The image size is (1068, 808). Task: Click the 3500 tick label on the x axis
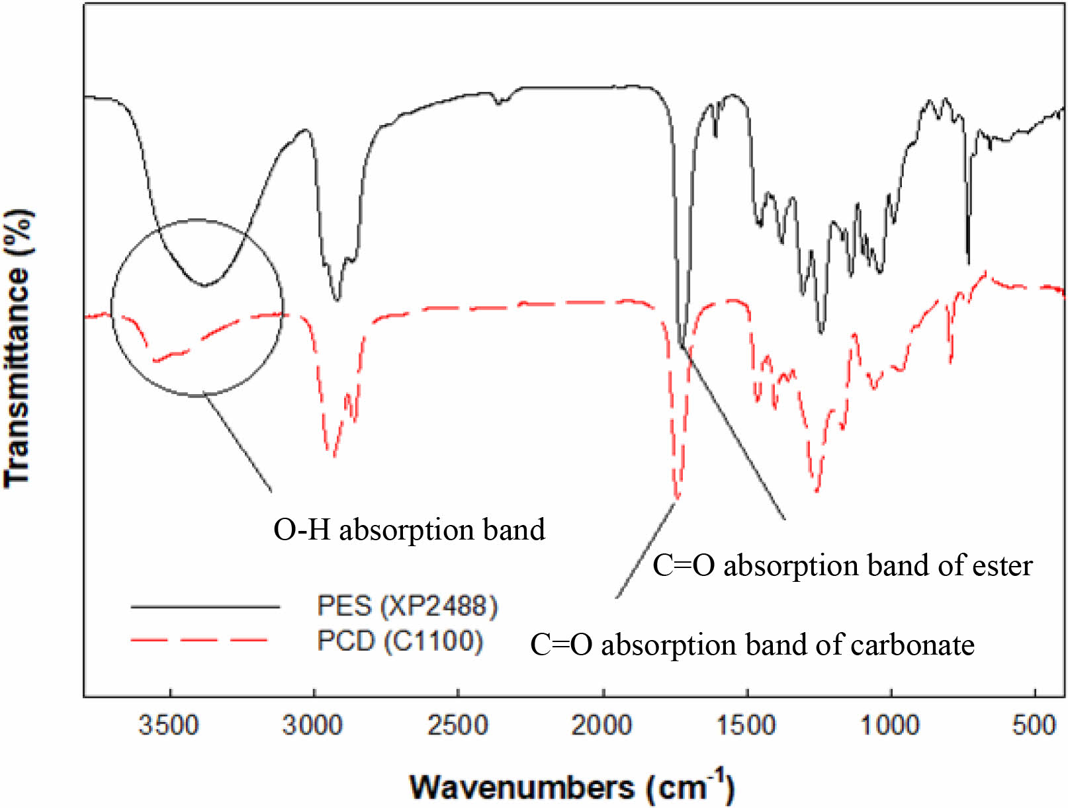169,725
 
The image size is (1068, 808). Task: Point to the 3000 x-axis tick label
313,725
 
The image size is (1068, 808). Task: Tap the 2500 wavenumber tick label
457,725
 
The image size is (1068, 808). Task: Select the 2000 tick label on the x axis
601,725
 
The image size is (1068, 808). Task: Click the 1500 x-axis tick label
746,725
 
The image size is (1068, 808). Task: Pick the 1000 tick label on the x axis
890,725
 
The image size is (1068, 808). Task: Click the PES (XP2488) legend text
407,606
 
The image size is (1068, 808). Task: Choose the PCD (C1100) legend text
400,641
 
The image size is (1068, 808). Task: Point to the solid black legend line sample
205,606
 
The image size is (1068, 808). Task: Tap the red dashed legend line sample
199,640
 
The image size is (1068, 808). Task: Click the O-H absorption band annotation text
409,530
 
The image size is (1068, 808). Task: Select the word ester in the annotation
1002,565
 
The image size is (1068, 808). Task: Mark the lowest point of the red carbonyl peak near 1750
676,497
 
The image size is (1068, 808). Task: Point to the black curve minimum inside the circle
205,286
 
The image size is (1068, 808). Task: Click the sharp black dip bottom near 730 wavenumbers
968,263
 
